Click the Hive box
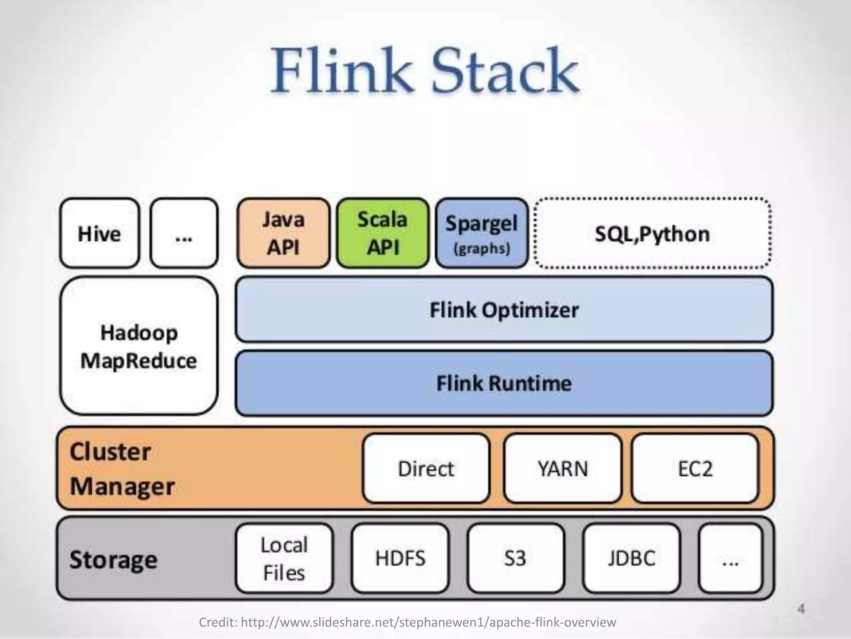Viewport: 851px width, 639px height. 99,233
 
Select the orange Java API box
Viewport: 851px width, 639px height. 283,233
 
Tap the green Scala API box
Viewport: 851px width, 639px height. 383,233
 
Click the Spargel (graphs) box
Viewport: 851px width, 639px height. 482,233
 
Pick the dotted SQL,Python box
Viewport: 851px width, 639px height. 652,233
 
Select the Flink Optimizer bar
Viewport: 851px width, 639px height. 504,310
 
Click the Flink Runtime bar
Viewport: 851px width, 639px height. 504,383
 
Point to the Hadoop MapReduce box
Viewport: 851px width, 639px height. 139,346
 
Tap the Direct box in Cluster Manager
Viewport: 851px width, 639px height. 426,468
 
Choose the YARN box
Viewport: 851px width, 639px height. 563,468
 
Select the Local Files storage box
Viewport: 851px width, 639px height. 284,558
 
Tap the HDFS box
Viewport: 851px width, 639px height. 400,558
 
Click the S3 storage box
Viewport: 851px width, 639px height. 515,558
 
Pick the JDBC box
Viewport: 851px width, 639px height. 632,558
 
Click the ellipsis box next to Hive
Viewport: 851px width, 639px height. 184,233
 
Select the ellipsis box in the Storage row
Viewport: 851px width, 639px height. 731,558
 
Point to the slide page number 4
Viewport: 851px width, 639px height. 801,609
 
